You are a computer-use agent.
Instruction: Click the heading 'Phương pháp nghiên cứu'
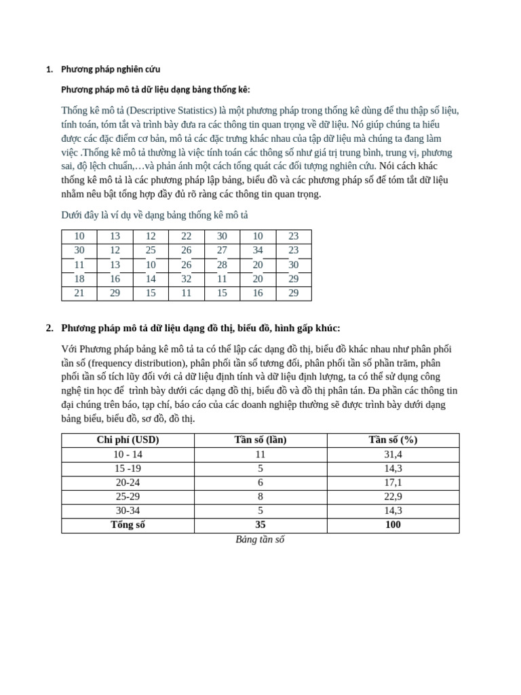click(x=111, y=69)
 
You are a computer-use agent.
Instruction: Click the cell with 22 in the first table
click(x=187, y=236)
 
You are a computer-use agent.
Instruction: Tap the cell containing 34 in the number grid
click(x=258, y=250)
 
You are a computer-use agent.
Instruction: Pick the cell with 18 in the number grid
click(x=79, y=279)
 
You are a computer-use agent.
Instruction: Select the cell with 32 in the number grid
click(x=187, y=279)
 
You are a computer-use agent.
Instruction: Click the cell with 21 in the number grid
click(x=79, y=293)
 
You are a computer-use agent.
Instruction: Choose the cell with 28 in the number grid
click(x=222, y=265)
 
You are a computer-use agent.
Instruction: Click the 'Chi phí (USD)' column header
click(x=128, y=440)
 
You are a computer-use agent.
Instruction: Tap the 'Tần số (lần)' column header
click(x=260, y=440)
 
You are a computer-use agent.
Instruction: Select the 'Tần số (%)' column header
click(x=393, y=440)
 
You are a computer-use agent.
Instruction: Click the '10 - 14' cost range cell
click(x=128, y=454)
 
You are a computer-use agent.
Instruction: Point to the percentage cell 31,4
click(x=393, y=454)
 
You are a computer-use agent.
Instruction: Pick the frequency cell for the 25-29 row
click(x=260, y=496)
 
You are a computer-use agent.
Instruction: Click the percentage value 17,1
click(x=393, y=483)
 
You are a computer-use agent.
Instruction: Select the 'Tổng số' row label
click(x=128, y=525)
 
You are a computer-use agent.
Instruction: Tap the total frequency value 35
click(x=260, y=525)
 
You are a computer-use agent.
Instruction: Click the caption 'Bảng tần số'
click(x=260, y=540)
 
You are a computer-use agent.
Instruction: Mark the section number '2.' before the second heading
click(x=50, y=328)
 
